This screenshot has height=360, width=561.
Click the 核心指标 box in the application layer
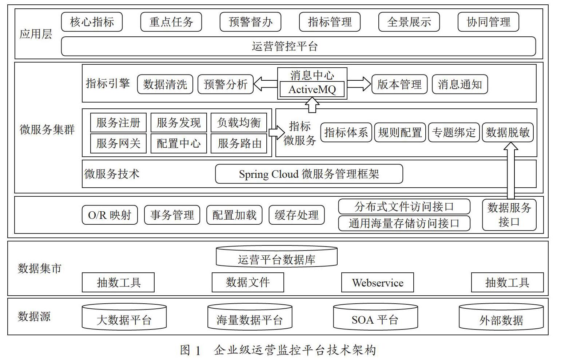(x=92, y=22)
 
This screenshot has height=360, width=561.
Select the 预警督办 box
(x=250, y=22)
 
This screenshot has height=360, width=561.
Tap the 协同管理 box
(x=488, y=22)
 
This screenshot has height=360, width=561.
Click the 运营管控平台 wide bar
(x=298, y=46)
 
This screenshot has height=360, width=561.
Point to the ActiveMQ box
(x=312, y=89)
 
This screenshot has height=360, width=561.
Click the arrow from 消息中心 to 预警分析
(x=265, y=84)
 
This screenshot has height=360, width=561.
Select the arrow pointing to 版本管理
(x=359, y=84)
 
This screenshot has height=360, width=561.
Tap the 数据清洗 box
(x=165, y=84)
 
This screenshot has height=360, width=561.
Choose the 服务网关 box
(x=118, y=143)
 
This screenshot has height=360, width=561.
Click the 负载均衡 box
(x=239, y=123)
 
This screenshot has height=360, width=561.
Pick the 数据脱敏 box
(x=508, y=132)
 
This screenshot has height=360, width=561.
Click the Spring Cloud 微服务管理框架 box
(x=309, y=174)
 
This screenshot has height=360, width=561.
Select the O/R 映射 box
(x=110, y=215)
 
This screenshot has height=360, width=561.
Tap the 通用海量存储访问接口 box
(x=404, y=223)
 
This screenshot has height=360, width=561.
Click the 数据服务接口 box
(x=509, y=215)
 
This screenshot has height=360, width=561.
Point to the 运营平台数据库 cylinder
(x=276, y=256)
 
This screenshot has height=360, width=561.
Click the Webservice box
(x=377, y=283)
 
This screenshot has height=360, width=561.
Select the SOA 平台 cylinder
(x=375, y=317)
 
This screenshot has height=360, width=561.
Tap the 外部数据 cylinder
(x=501, y=317)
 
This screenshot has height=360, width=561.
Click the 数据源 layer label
(x=34, y=316)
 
